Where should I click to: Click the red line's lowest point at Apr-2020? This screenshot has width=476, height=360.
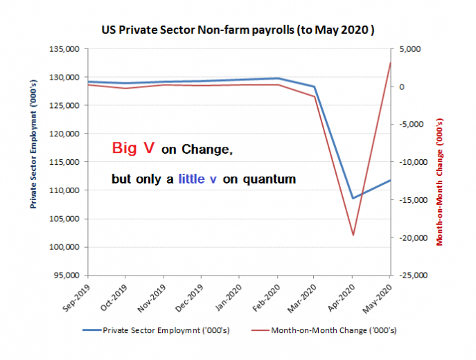click(x=353, y=235)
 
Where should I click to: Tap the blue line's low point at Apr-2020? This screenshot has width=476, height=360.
click(x=353, y=198)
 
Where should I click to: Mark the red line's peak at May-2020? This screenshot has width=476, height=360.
click(x=390, y=63)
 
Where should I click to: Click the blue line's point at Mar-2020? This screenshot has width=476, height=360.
click(x=315, y=87)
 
